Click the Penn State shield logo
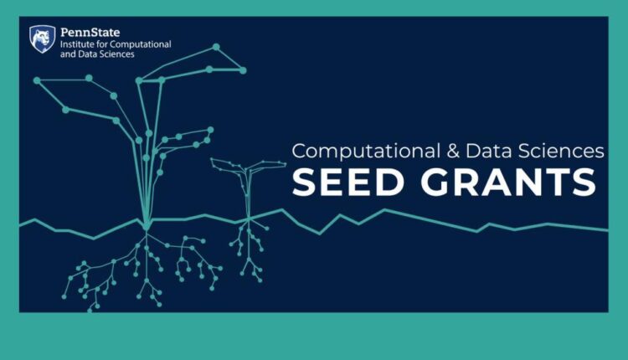pos(43,39)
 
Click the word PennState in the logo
pos(90,32)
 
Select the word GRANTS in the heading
pos(508,183)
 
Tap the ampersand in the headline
pos(453,152)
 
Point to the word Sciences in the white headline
pos(561,152)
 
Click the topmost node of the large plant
pos(216,47)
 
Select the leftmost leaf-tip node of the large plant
pos(37,80)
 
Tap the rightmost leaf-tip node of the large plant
pos(243,70)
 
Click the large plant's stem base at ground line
pos(147,225)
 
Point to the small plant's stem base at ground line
pos(249,219)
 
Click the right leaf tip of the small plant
pos(285,163)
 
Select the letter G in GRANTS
pos(434,183)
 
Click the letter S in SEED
pos(305,183)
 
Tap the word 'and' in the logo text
pos(68,54)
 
